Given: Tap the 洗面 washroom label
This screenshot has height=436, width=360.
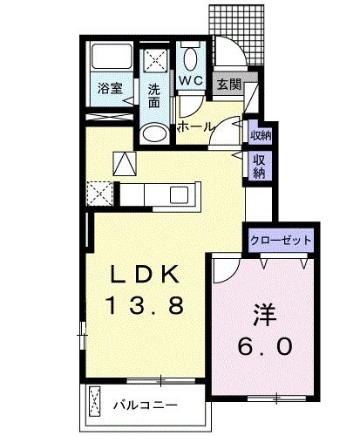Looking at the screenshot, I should (154, 95).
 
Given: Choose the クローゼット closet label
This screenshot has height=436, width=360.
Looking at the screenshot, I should (281, 240).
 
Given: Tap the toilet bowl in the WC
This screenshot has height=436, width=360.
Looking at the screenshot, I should (191, 59).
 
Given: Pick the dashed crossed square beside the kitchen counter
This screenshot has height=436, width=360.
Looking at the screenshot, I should (98, 191).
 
